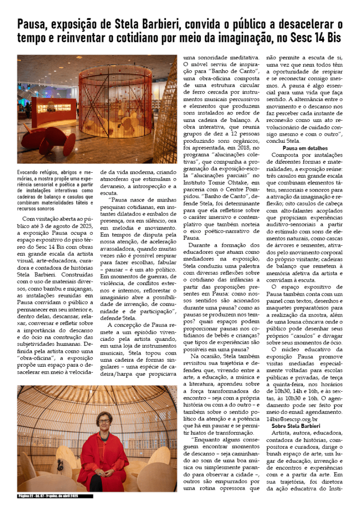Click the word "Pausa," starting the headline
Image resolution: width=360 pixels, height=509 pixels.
point(32,23)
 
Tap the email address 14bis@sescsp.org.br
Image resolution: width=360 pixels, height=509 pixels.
point(297,419)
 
